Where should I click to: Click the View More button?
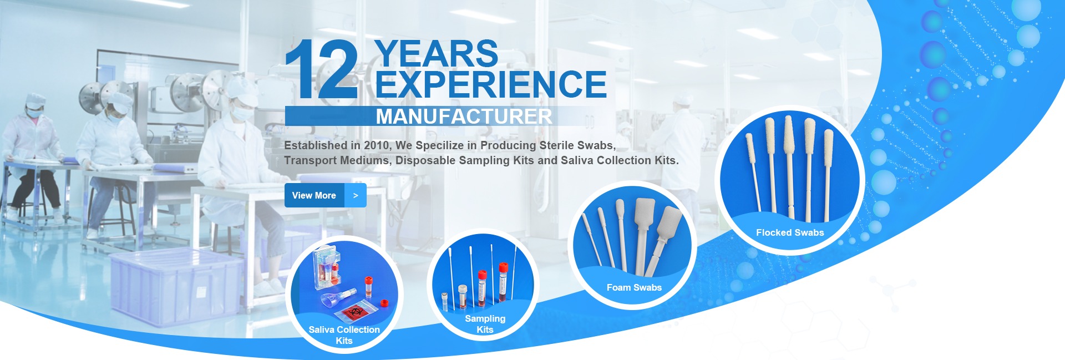(326, 195)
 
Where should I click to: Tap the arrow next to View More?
(356, 195)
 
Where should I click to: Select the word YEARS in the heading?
(437, 53)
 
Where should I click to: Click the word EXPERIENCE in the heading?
(491, 84)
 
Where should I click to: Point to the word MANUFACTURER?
(464, 116)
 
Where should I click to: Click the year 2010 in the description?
(377, 145)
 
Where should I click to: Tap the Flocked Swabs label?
(790, 232)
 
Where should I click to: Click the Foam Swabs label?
(634, 287)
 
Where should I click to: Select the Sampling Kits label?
(485, 324)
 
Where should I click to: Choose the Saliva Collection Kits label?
(344, 335)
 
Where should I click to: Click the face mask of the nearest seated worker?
(242, 113)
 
